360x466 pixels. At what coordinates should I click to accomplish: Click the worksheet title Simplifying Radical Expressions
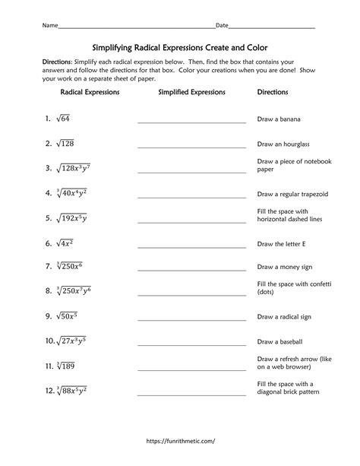(180, 47)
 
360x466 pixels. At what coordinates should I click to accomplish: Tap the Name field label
(50, 26)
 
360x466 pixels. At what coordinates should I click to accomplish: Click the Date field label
(222, 26)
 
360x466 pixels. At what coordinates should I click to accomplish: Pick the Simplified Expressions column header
(191, 92)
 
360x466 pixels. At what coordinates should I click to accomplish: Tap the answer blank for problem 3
(191, 171)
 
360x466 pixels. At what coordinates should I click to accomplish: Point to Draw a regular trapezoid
(292, 194)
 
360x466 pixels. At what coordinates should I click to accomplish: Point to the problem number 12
(49, 391)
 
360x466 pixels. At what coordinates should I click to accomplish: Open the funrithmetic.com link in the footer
(180, 440)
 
